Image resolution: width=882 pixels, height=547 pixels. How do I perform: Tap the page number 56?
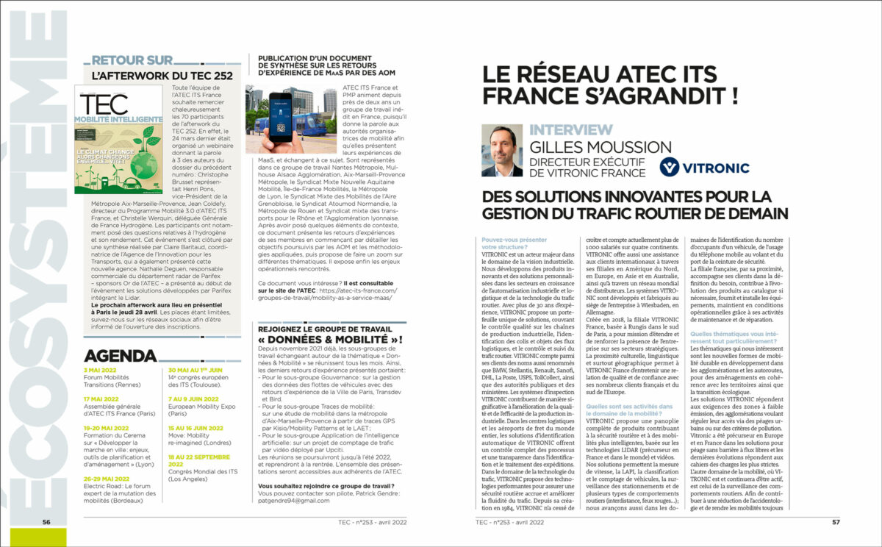click(x=46, y=523)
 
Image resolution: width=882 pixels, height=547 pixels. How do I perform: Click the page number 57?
click(x=836, y=523)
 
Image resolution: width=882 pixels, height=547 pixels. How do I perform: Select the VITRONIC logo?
click(x=703, y=168)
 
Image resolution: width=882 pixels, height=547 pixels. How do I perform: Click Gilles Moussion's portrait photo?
click(x=502, y=151)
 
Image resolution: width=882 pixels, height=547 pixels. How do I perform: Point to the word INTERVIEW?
click(x=570, y=130)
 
